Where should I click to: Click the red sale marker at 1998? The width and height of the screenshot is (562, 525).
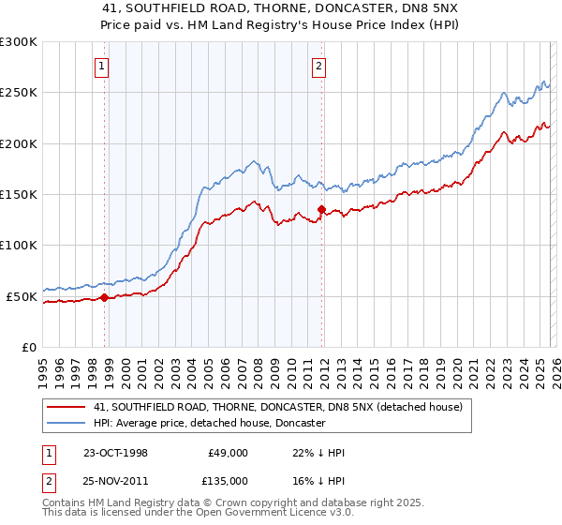coord(105,297)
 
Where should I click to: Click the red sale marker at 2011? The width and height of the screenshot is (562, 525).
coord(321,210)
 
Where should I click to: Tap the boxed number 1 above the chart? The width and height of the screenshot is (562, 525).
coord(101,66)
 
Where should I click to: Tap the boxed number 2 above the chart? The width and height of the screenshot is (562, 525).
coord(319,66)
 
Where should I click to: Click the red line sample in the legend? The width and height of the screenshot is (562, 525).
coord(67,408)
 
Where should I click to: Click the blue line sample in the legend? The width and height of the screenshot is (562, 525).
coord(67,424)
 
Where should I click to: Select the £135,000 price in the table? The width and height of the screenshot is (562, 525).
coord(227,481)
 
